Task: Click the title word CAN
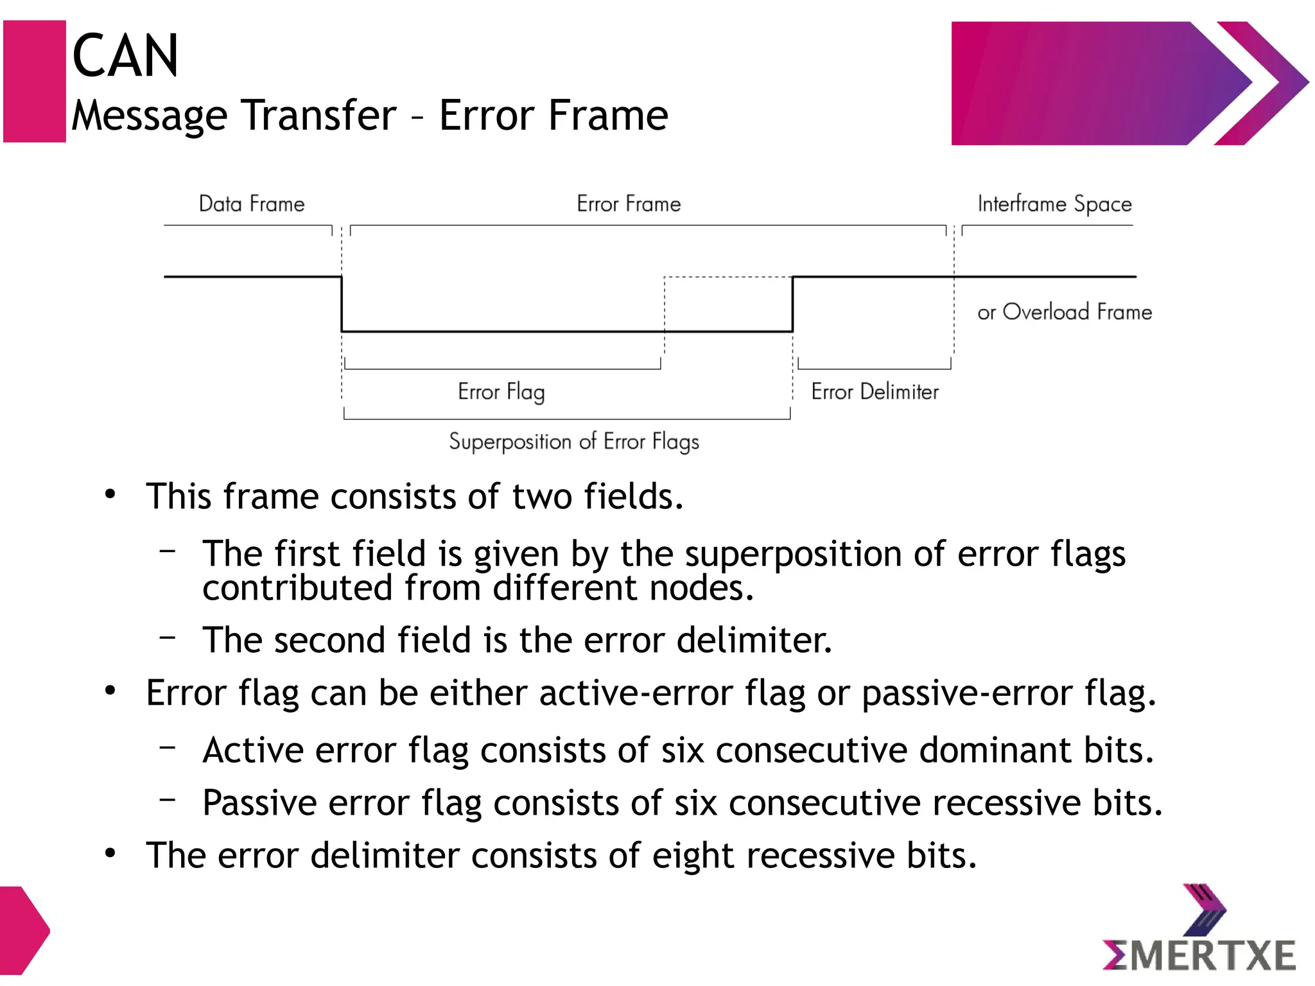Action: (x=125, y=56)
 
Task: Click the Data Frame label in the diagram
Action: (x=252, y=204)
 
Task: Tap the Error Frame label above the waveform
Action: (x=629, y=204)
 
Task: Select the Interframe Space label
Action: (x=1054, y=204)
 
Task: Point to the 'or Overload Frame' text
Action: (x=1064, y=312)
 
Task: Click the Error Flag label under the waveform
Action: (x=501, y=392)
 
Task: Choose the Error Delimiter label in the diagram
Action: (x=875, y=392)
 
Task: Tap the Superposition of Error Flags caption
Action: (x=573, y=442)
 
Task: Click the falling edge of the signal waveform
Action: (x=342, y=304)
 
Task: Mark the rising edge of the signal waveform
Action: (x=793, y=304)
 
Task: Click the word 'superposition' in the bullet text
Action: (x=793, y=554)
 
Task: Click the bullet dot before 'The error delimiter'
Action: (x=110, y=854)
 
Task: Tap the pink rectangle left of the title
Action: (x=35, y=82)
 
